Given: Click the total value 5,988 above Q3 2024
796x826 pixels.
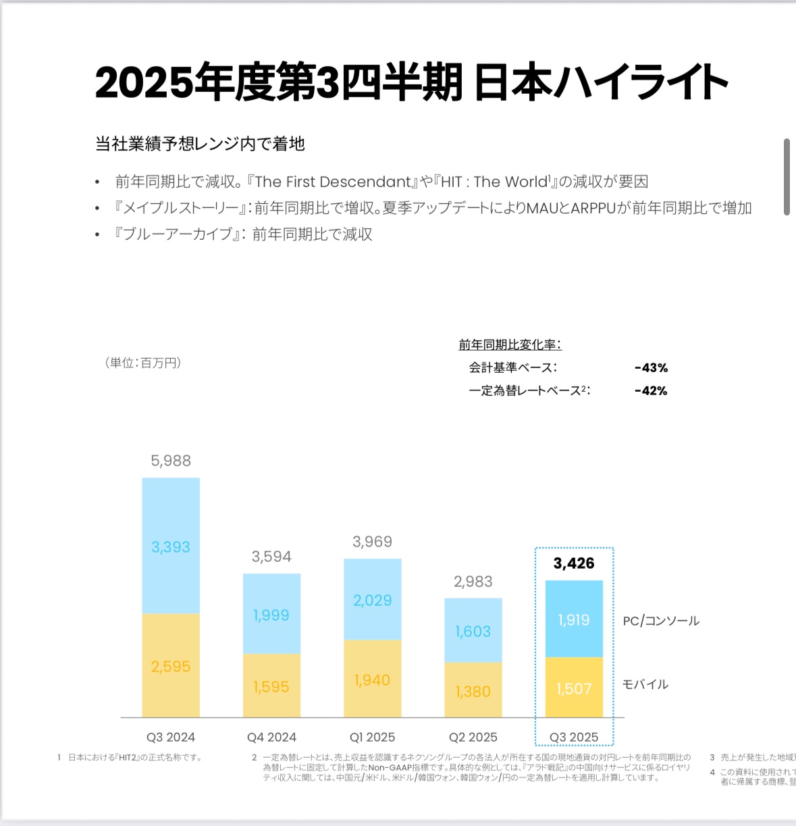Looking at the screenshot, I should click(171, 461).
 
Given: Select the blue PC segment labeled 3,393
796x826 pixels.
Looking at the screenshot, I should click(171, 547).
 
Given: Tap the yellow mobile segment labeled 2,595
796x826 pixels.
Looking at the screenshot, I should click(171, 667).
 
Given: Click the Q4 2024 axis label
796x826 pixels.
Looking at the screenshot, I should click(271, 738).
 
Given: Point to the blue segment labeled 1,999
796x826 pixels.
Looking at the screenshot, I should click(271, 615).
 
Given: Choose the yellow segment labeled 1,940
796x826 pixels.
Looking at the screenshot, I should click(372, 680).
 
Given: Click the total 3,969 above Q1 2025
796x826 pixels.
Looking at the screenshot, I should click(372, 542).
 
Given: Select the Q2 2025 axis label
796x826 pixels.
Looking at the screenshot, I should click(473, 738).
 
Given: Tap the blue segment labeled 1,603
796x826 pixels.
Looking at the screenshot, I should click(473, 631).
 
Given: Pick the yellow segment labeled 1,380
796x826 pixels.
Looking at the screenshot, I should click(473, 692).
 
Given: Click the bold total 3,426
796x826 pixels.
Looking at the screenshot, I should click(574, 563).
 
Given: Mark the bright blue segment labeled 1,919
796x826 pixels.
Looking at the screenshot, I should click(574, 620).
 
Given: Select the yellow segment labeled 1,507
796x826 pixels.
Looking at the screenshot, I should click(574, 689).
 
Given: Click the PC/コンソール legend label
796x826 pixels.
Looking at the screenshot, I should click(661, 621).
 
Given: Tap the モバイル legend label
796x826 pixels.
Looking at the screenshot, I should click(645, 684).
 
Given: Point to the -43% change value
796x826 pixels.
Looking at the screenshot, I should click(652, 368).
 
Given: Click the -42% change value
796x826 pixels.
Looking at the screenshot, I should click(652, 391).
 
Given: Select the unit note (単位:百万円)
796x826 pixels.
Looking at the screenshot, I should click(143, 363).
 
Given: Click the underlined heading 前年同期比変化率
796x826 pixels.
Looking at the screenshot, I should click(510, 345).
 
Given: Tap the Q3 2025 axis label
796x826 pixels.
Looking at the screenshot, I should click(574, 738).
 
